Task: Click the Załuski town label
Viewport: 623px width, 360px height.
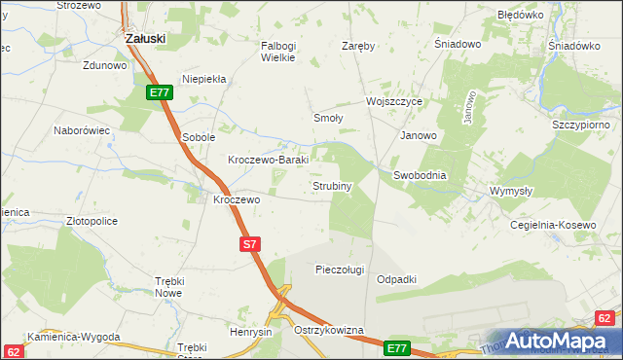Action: (x=146, y=38)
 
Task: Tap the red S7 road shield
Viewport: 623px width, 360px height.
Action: (x=249, y=245)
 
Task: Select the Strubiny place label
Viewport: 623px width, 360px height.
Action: (x=331, y=185)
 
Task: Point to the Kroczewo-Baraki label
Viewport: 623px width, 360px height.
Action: (x=268, y=160)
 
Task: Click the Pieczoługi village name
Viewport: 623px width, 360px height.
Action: (x=340, y=270)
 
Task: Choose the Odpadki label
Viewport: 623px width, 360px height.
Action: (x=396, y=279)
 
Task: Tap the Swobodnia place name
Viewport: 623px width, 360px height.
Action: (x=420, y=175)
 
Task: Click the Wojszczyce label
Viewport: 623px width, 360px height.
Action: (x=393, y=101)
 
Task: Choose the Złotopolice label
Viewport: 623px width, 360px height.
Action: (x=92, y=221)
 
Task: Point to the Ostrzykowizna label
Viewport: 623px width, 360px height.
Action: (x=328, y=331)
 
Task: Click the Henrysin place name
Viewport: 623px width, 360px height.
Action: (x=250, y=332)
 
